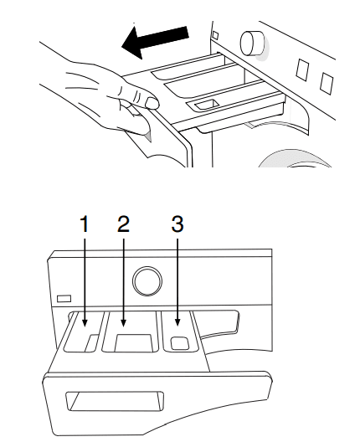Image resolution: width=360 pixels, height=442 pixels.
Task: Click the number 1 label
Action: tap(85, 224)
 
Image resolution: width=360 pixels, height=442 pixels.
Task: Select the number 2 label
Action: tap(123, 224)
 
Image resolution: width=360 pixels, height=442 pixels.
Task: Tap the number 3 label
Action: tap(177, 224)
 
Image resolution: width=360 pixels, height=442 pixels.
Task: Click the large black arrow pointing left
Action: tap(155, 41)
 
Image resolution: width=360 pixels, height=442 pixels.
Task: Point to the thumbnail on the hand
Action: tap(152, 103)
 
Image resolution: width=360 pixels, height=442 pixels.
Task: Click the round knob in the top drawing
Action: tap(252, 43)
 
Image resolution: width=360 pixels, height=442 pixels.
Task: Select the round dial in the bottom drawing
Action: tap(147, 281)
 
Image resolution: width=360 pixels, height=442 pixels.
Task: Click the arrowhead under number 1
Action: tap(85, 323)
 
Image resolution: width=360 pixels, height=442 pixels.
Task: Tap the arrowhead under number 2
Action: tap(123, 323)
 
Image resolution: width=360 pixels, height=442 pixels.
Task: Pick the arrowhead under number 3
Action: tap(177, 322)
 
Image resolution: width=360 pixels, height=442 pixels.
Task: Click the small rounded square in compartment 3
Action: tap(180, 343)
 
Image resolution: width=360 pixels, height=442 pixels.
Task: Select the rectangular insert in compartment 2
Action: tap(134, 343)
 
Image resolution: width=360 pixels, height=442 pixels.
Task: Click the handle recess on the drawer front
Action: tap(115, 401)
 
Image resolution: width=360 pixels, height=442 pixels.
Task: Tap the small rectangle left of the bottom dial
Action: tap(64, 299)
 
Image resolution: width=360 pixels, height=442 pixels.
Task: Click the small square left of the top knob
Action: tap(215, 35)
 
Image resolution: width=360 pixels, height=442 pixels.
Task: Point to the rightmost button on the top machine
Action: tap(327, 84)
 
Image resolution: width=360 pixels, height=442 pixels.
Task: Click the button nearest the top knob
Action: tap(302, 69)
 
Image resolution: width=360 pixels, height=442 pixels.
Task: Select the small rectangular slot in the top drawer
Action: tap(207, 105)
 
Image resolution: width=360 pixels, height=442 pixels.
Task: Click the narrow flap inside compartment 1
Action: tap(91, 343)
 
